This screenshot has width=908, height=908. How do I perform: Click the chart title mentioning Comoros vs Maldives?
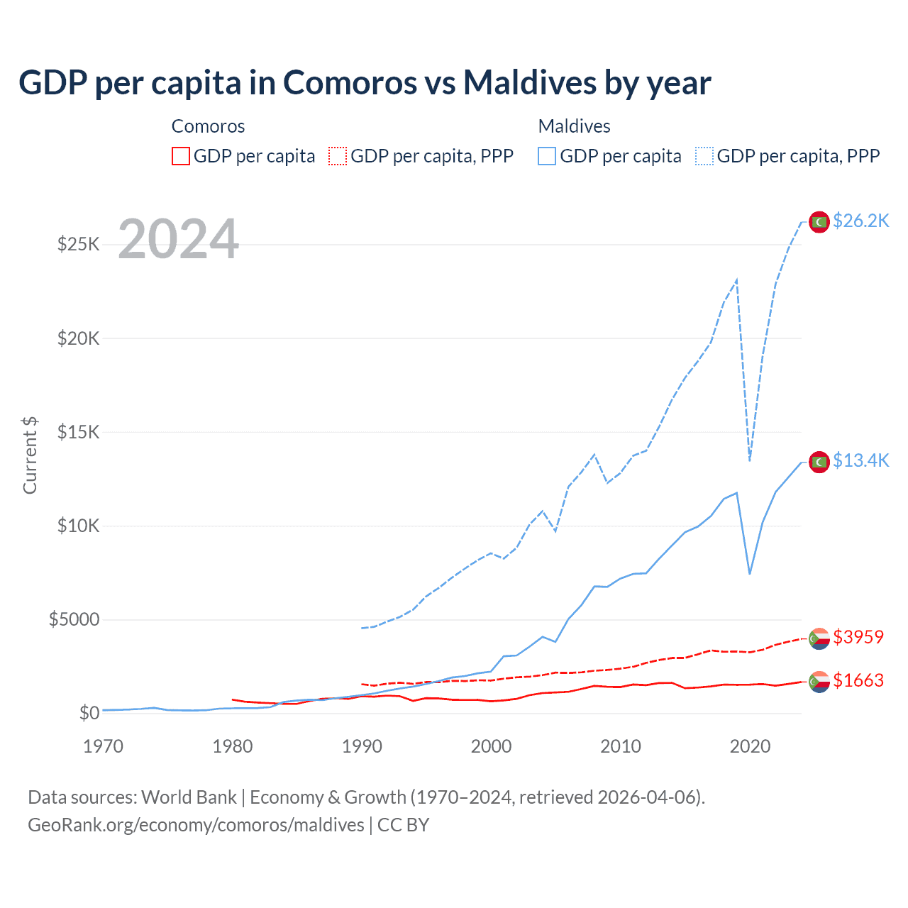click(365, 83)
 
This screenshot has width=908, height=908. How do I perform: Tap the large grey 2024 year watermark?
click(178, 239)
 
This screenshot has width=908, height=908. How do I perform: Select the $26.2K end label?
click(860, 221)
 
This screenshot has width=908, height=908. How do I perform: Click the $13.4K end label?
click(860, 461)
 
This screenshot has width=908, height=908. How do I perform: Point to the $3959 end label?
click(858, 637)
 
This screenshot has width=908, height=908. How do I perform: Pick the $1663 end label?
click(858, 681)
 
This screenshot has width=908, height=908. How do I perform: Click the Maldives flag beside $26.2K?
click(819, 222)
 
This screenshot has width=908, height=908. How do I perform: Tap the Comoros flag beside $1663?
click(819, 682)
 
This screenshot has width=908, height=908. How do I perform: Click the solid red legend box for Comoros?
click(181, 156)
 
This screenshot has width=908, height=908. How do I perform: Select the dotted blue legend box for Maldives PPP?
click(704, 156)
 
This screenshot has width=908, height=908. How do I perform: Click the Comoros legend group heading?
click(208, 126)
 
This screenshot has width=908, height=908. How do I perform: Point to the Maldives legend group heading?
click(574, 126)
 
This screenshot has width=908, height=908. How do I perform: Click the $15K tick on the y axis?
click(78, 432)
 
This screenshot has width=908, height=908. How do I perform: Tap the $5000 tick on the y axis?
click(74, 619)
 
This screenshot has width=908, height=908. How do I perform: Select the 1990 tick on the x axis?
click(362, 746)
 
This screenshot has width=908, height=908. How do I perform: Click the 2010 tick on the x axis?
click(621, 746)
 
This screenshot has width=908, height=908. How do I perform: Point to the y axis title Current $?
click(30, 455)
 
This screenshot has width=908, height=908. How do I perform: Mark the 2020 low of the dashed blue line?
click(750, 460)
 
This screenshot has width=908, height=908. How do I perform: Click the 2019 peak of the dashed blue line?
click(737, 279)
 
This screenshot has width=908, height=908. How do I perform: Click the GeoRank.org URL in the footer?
click(196, 825)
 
